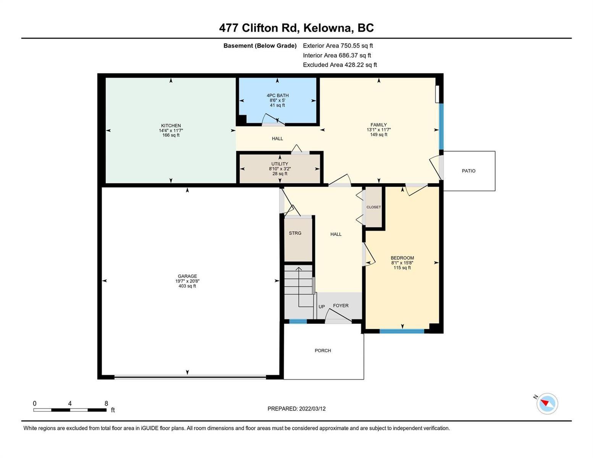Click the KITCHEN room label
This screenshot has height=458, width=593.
[x=171, y=126]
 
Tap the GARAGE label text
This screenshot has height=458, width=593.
[x=187, y=276]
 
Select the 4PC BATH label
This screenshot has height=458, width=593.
[x=278, y=95]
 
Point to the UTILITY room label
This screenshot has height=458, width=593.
[x=280, y=164]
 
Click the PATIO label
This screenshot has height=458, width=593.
[x=469, y=171]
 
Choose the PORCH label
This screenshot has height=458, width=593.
[x=323, y=350]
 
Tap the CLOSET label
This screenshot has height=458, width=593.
[x=373, y=207]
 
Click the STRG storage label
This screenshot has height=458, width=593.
[x=295, y=233]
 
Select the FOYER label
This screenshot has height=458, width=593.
[x=341, y=305]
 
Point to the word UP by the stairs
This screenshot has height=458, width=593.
[x=322, y=306]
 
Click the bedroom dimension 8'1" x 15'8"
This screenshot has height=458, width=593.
[x=402, y=263]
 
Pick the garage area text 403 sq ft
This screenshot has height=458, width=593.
[x=187, y=286]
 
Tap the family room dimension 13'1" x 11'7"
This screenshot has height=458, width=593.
[x=379, y=130]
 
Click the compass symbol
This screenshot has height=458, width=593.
[x=547, y=404]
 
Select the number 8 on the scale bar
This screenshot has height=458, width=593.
[x=106, y=403]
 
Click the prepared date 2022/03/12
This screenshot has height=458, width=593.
[x=312, y=409]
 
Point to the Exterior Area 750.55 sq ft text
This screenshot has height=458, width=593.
[x=338, y=45]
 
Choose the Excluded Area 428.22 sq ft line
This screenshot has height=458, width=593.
[x=340, y=65]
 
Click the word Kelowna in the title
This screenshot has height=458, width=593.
[x=327, y=28]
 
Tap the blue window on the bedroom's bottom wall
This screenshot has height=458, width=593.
[x=402, y=331]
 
